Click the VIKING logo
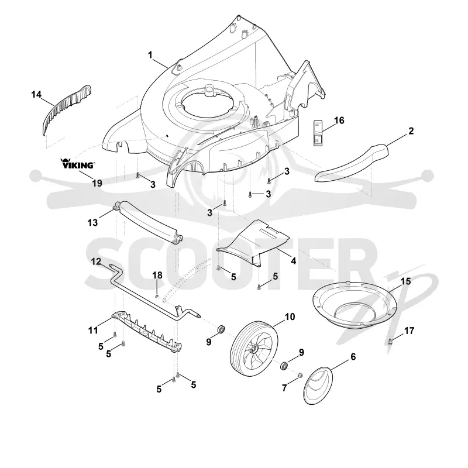(x=78, y=164)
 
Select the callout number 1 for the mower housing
(x=150, y=55)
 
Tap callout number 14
(x=36, y=94)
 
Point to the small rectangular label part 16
(x=318, y=133)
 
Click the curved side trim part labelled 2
(x=352, y=163)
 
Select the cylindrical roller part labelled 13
(x=147, y=222)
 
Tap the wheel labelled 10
(x=254, y=346)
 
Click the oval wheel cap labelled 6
(x=318, y=385)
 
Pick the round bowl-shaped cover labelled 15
(x=355, y=304)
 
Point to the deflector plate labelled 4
(x=254, y=242)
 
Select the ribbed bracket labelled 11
(x=147, y=332)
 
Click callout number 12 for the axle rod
(x=96, y=261)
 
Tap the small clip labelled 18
(x=157, y=296)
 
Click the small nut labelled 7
(x=300, y=375)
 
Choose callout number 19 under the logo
(x=97, y=183)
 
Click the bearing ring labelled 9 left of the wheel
(x=221, y=329)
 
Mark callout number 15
(x=405, y=281)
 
